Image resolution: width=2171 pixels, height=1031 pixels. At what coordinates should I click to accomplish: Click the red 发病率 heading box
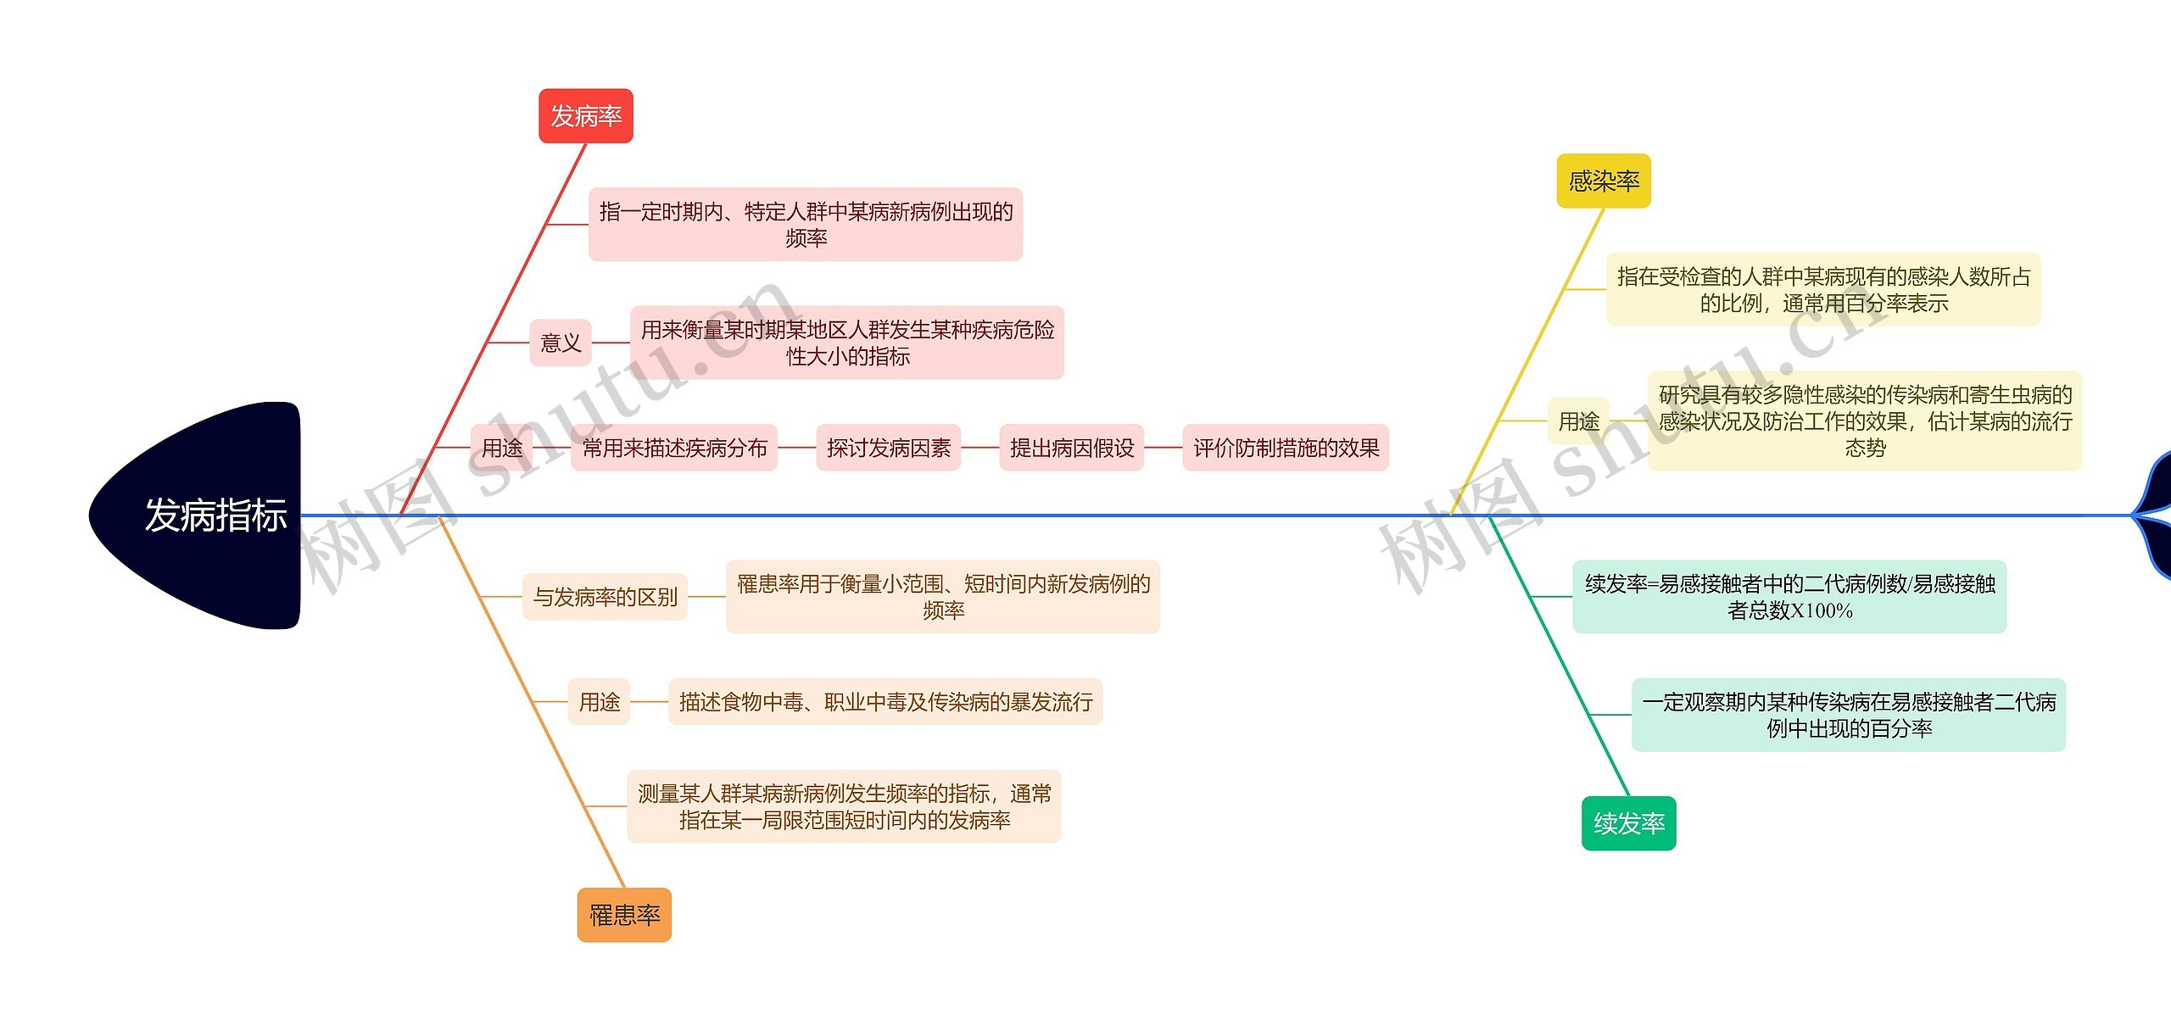586,116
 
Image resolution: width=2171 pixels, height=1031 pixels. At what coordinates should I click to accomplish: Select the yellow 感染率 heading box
1603,181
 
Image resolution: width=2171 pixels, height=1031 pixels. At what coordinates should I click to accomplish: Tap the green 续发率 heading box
1628,823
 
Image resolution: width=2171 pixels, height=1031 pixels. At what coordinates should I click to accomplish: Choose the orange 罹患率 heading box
624,915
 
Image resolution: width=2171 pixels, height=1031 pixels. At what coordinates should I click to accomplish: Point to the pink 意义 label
561,343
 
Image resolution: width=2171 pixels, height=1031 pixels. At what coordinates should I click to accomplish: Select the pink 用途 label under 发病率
502,448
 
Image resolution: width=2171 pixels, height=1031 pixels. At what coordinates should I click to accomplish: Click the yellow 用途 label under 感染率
1578,421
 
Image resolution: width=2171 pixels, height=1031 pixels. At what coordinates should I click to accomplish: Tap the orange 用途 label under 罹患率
599,702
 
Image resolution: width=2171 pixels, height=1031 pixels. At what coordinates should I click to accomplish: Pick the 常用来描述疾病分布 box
674,448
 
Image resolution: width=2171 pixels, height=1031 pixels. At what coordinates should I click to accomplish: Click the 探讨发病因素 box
888,448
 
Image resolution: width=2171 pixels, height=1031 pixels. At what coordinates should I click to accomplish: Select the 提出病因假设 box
1072,448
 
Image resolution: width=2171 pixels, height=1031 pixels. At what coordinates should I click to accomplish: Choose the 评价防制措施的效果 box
1286,448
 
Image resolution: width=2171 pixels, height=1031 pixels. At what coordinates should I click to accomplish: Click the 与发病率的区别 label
605,597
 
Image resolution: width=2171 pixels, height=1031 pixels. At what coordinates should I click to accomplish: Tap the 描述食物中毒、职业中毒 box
885,702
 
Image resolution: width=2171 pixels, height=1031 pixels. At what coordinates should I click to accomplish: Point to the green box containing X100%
1789,597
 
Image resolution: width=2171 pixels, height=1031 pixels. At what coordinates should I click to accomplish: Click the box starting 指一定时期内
806,225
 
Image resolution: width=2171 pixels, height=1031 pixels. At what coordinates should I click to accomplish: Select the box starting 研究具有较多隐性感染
1865,421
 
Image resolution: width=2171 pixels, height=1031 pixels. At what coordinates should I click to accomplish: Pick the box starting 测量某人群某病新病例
844,806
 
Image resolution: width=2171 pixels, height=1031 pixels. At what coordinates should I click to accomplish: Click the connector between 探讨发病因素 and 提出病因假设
980,448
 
